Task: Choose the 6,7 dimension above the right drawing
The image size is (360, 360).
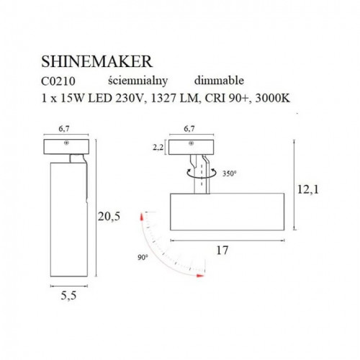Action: pyautogui.click(x=189, y=130)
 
